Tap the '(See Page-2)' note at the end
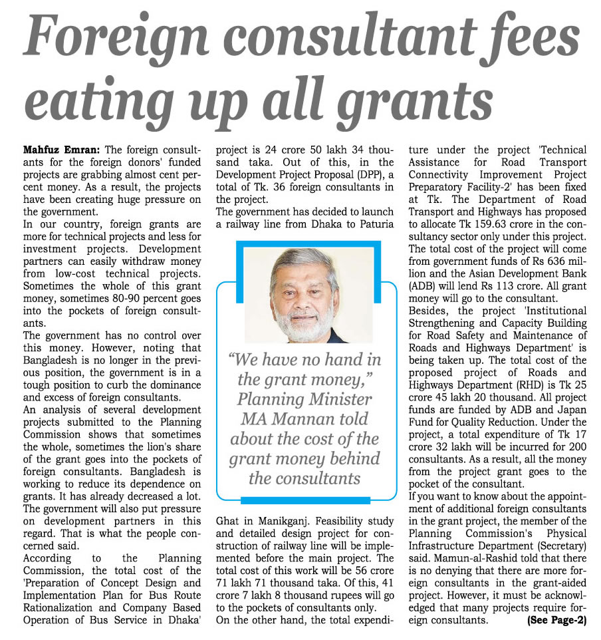[x=556, y=620]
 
